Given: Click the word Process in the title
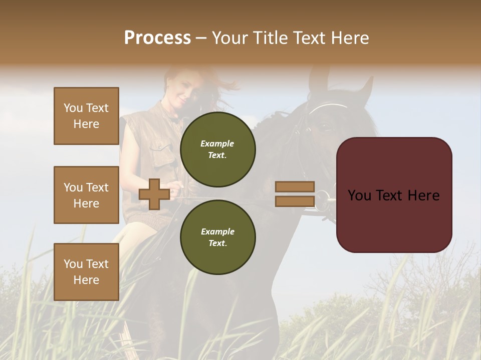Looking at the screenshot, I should [157, 37].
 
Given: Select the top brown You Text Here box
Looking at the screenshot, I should [86, 116].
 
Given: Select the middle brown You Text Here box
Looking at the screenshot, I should [86, 195].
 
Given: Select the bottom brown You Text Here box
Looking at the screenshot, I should [86, 271].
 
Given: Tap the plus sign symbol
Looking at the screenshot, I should [154, 194].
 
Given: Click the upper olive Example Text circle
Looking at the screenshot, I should [217, 149].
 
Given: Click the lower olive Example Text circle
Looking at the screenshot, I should [217, 237].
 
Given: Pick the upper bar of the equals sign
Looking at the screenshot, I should [295, 186].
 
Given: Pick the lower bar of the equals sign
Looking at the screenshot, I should [295, 201].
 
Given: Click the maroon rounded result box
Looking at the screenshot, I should [394, 194].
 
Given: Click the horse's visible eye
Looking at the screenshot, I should [325, 127].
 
